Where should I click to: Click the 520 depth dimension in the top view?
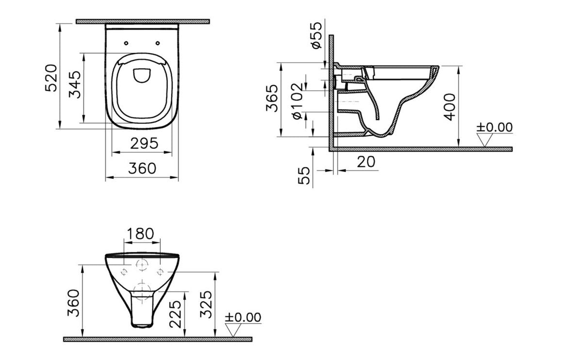click(x=51, y=78)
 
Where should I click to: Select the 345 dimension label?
click(x=75, y=85)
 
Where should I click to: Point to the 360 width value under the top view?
click(x=142, y=168)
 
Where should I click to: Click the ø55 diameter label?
click(x=316, y=35)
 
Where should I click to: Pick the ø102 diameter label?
click(x=297, y=101)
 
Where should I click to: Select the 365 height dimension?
click(x=273, y=98)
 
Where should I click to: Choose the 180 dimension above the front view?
click(x=140, y=234)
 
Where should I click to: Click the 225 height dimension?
click(x=176, y=314)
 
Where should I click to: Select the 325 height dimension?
click(x=206, y=304)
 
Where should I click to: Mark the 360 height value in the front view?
click(x=73, y=302)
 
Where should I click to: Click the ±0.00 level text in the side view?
click(x=494, y=127)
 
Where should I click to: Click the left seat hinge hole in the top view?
click(x=126, y=43)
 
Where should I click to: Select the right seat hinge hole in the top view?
click(x=158, y=43)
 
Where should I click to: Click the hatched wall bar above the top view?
click(x=143, y=21)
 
